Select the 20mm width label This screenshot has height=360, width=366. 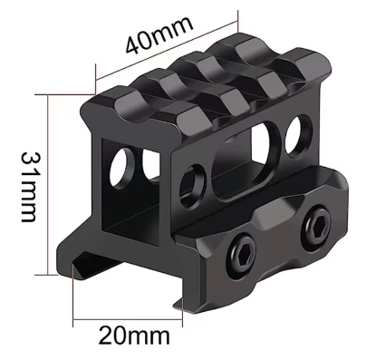tap(131, 337)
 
